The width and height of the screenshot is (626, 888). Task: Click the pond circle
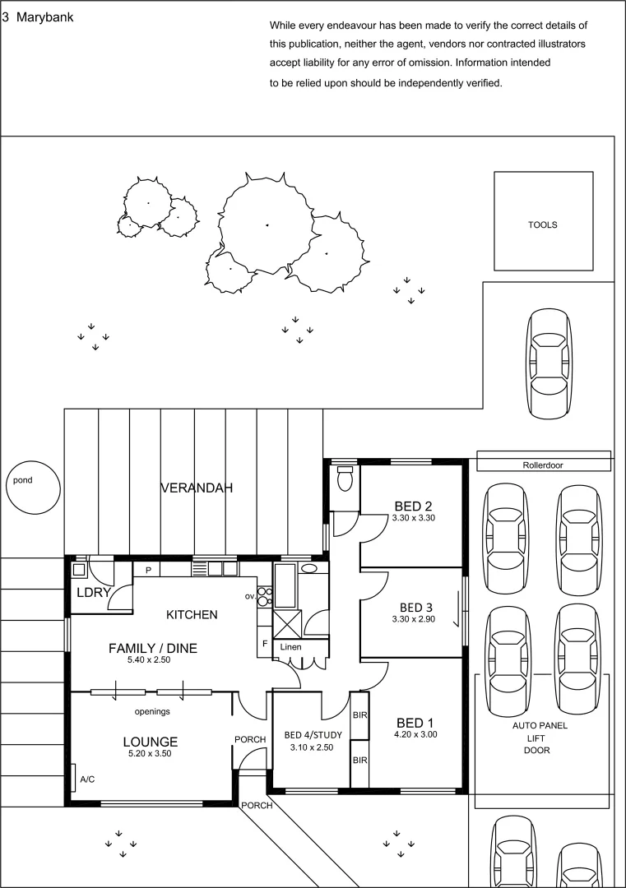click(x=32, y=488)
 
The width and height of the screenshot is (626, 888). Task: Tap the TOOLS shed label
click(x=543, y=224)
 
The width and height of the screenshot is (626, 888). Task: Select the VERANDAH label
click(x=197, y=488)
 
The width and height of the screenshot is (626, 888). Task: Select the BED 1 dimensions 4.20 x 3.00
click(x=415, y=734)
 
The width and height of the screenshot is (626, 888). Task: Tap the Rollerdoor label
click(x=543, y=465)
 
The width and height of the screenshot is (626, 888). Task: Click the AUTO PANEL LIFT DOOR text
click(x=540, y=738)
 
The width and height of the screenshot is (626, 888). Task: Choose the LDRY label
click(x=88, y=592)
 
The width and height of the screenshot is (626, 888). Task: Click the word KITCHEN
click(x=192, y=614)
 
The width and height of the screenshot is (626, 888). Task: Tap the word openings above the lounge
click(x=152, y=711)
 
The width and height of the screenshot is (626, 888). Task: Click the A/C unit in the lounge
click(x=84, y=778)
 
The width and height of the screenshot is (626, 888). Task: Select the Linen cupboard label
click(x=290, y=647)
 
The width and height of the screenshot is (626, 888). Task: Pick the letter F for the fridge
click(x=265, y=643)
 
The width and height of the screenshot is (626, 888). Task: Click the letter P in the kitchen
click(x=148, y=570)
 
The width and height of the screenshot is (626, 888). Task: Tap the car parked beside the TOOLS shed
click(x=548, y=362)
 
